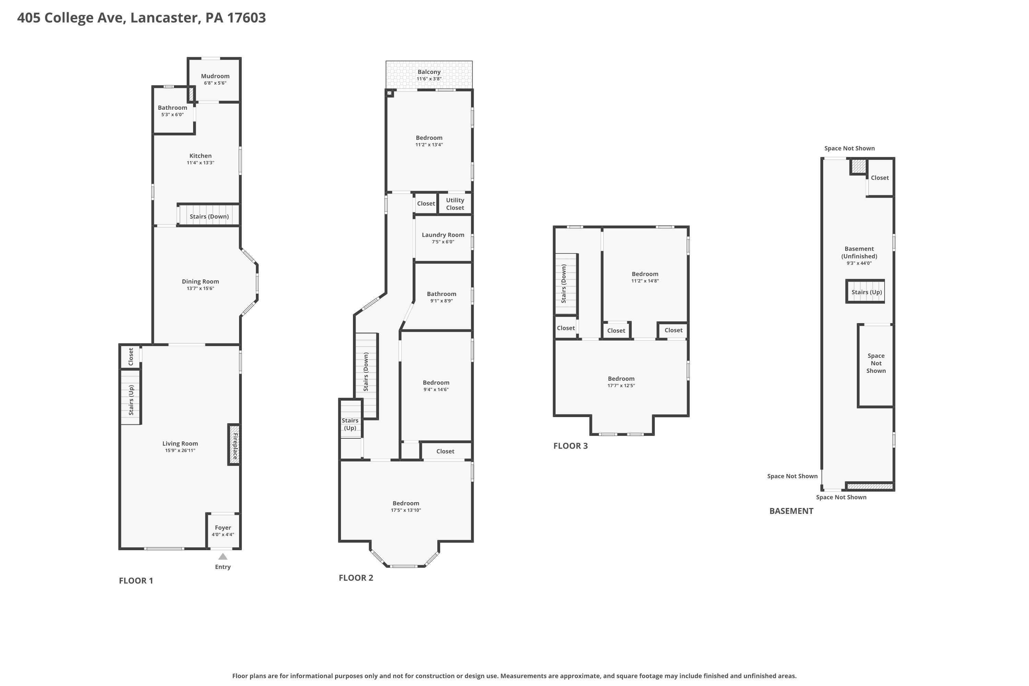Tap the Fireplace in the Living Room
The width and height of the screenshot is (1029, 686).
pos(234,445)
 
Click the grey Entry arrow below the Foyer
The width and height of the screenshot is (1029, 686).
pos(223,556)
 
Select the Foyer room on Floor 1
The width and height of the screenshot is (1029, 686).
pos(223,531)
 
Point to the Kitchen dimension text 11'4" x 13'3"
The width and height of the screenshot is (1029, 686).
pos(200,163)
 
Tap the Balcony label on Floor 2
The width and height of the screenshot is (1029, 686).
pos(429,72)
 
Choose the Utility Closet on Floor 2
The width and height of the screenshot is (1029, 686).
pos(455,203)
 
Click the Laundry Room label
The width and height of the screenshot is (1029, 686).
pos(443,235)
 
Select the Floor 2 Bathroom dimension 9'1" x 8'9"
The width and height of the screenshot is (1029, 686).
pos(441,301)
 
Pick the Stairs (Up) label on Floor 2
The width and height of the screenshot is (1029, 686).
pos(350,424)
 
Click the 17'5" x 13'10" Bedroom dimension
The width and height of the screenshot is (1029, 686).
pos(406,510)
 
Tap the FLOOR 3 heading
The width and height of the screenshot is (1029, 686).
pos(570,446)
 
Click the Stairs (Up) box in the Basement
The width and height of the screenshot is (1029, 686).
pos(865,291)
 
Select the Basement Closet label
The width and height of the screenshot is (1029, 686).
pos(880,178)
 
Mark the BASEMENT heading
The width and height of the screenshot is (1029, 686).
pos(791,511)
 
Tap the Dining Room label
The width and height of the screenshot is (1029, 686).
pos(200,282)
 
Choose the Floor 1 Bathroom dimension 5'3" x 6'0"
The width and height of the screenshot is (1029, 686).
pos(173,115)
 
